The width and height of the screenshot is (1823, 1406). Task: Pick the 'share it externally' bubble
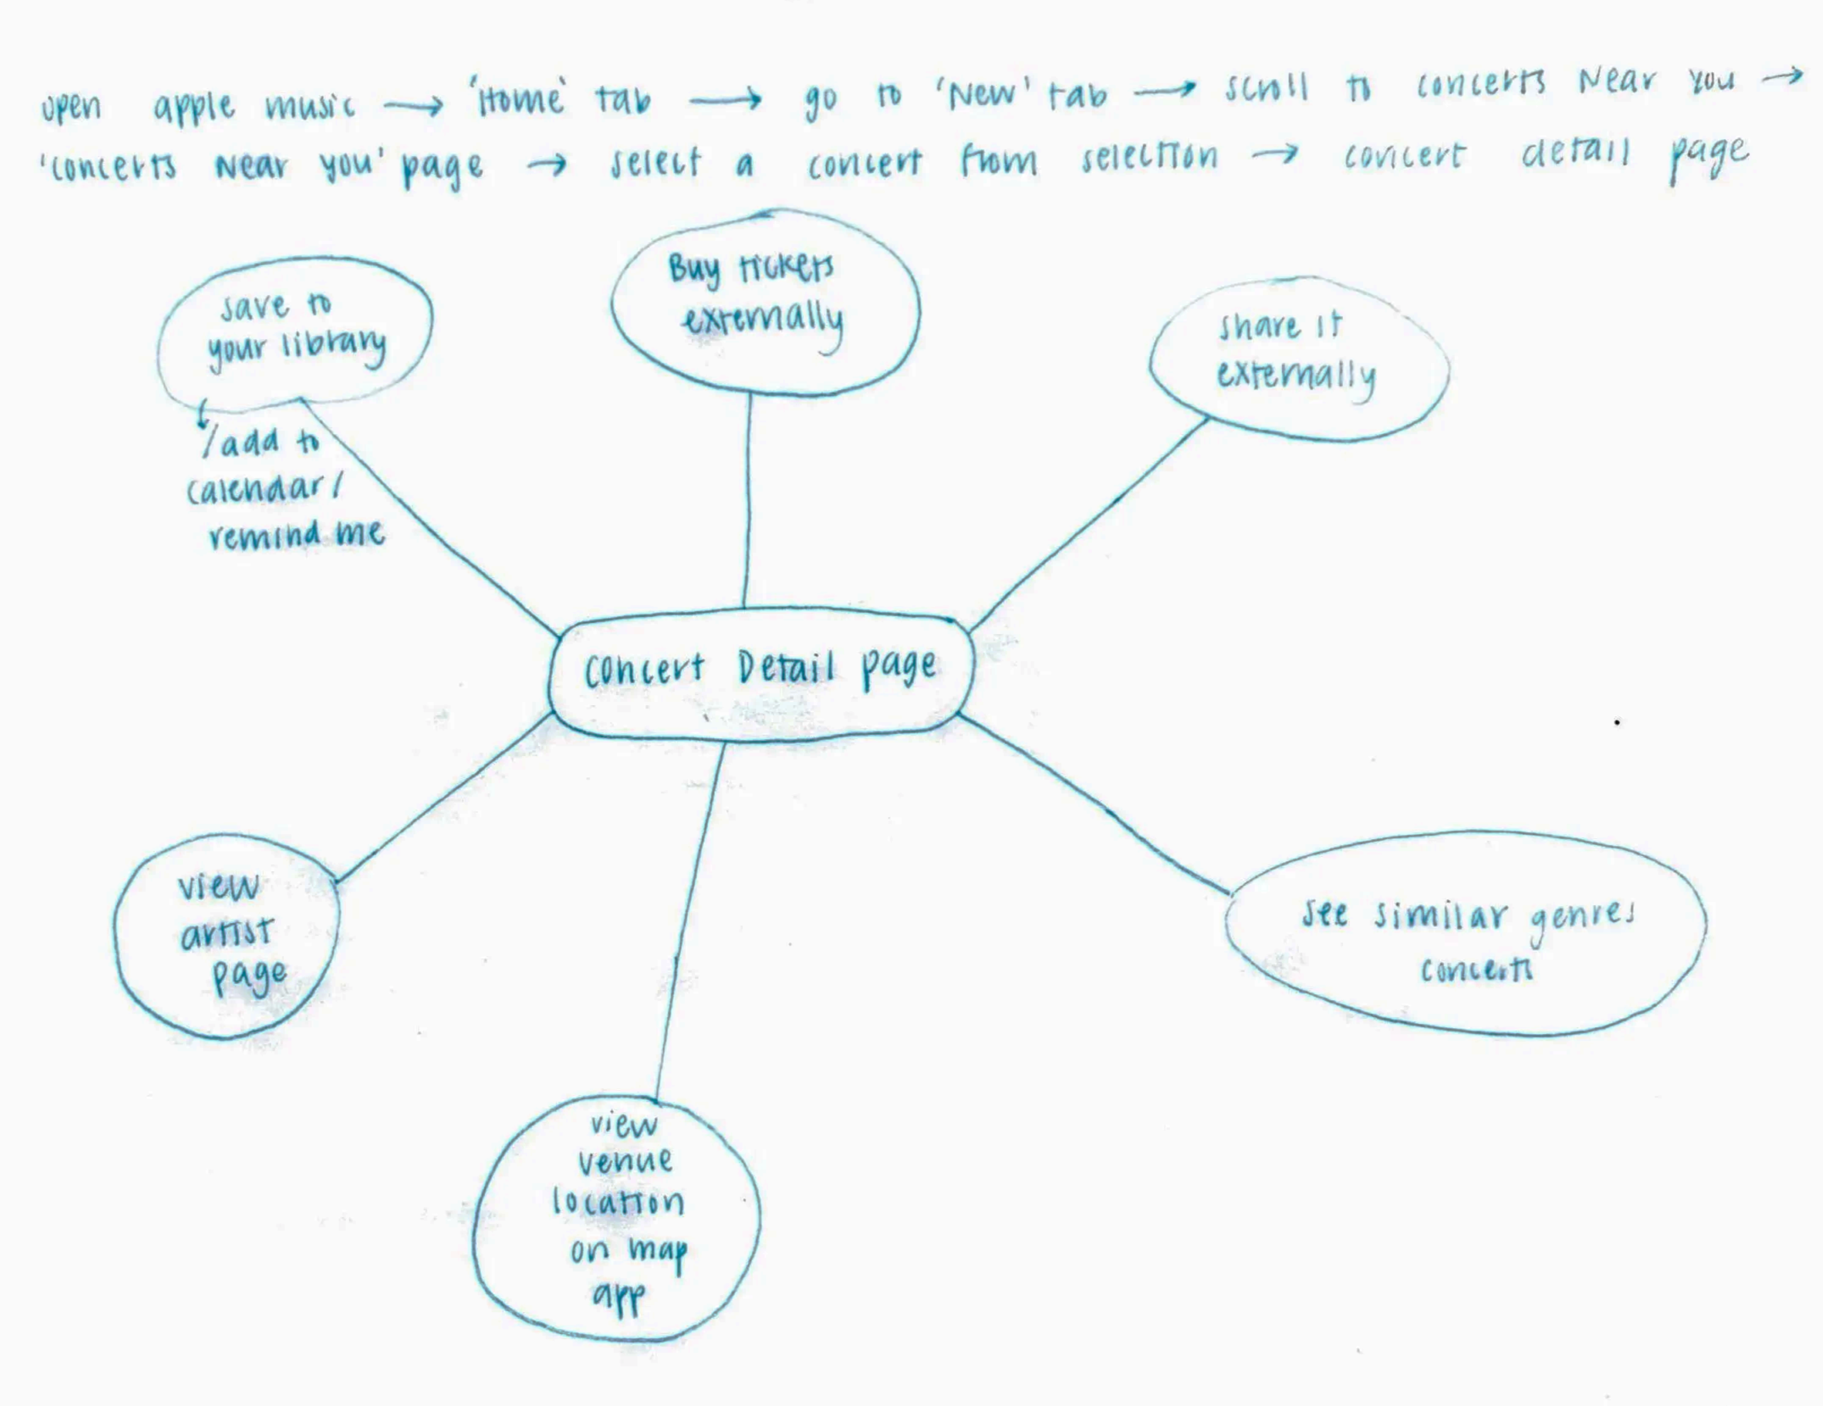coord(1298,358)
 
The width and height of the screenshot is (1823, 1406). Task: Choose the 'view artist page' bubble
coord(227,935)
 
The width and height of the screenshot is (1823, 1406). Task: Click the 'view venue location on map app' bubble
coord(617,1217)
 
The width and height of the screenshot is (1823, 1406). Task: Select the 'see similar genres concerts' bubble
coord(1465,933)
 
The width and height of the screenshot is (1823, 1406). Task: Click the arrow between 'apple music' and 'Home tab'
coord(413,106)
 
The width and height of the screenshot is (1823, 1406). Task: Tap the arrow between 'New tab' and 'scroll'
coord(1165,88)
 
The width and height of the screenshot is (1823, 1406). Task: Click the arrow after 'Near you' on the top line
coord(1781,77)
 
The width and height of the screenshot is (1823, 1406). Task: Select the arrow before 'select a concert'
coord(547,164)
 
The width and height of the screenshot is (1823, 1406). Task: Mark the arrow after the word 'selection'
coord(1275,153)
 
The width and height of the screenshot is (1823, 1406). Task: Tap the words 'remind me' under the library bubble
coord(297,534)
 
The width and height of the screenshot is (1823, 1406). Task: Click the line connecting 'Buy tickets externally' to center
coord(748,500)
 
